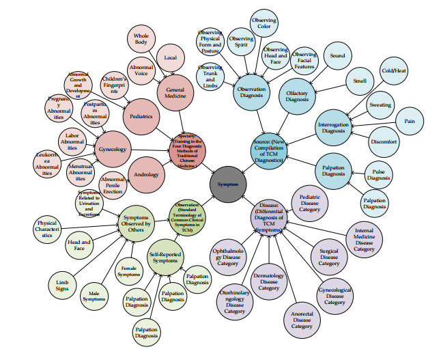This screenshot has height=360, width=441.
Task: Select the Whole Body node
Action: pos(141,40)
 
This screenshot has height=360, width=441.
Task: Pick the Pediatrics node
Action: pos(142,117)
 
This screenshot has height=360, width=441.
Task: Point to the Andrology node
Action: pos(146,175)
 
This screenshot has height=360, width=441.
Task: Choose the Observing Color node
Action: pos(264,25)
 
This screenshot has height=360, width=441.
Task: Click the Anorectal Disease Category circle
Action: pos(302,316)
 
